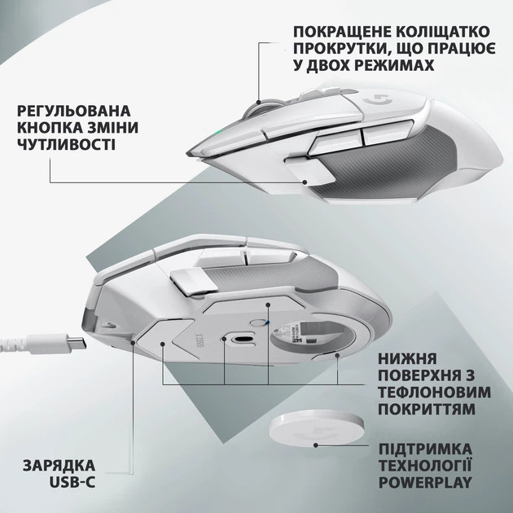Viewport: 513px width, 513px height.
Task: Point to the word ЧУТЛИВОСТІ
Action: click(65, 144)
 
